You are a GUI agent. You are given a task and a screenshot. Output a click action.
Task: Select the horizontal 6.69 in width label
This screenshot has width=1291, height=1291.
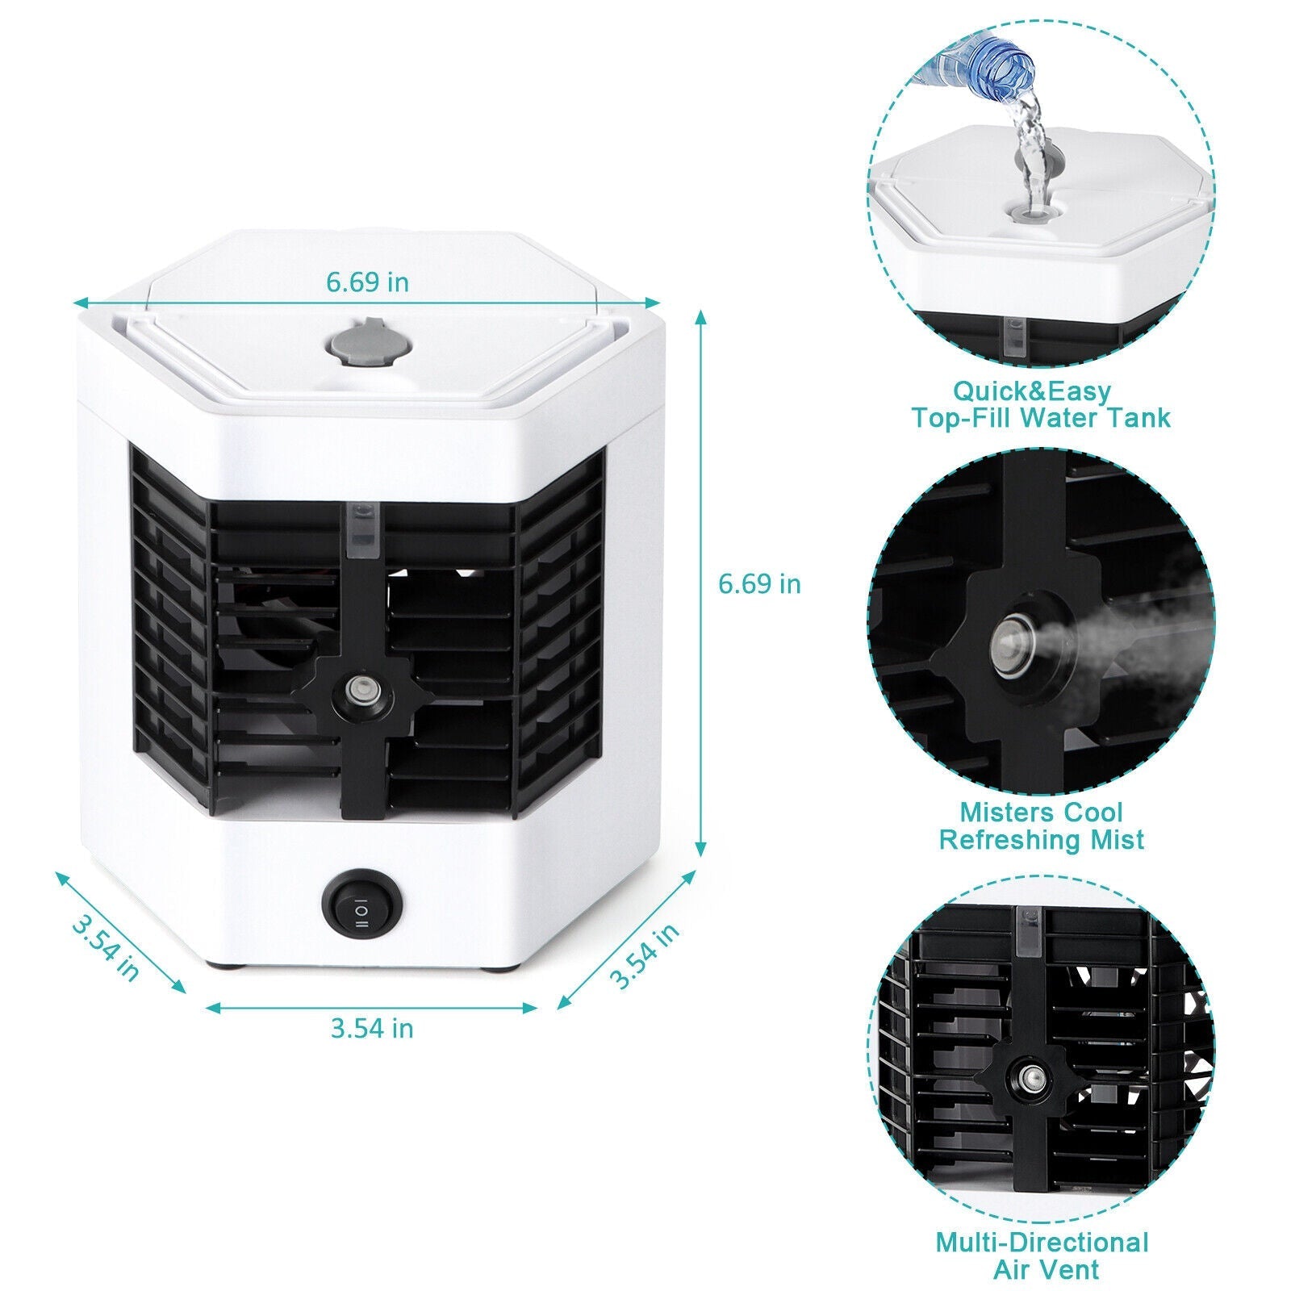[367, 282]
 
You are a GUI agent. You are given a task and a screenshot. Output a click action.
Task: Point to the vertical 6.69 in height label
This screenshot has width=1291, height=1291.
[759, 583]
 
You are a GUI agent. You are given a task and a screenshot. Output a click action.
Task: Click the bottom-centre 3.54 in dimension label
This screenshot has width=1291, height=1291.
[372, 1029]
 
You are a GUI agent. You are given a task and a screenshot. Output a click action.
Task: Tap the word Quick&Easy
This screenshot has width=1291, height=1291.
[1032, 391]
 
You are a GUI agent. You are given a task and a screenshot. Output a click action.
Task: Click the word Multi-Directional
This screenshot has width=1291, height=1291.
[1042, 1241]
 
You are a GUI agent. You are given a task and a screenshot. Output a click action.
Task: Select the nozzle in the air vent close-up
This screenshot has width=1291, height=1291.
[1030, 1075]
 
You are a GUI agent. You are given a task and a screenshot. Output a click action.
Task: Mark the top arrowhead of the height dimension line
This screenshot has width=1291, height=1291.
[700, 316]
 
